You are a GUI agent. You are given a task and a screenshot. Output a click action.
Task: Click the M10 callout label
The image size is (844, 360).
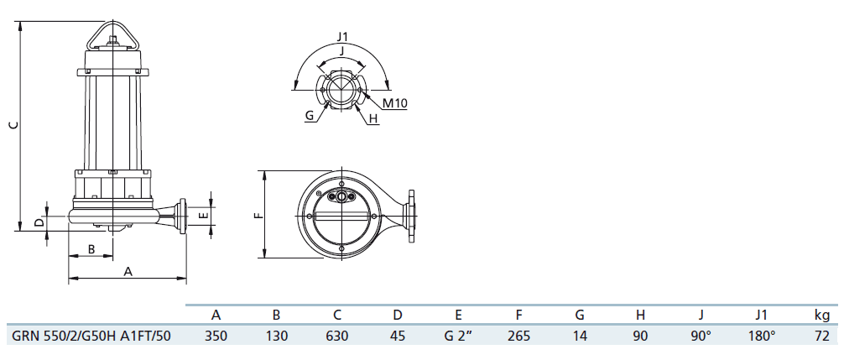[x=394, y=103]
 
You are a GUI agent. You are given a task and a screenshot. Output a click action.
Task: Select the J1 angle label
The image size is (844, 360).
[x=343, y=37]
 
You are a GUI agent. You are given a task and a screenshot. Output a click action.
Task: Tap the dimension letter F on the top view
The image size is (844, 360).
[x=259, y=215]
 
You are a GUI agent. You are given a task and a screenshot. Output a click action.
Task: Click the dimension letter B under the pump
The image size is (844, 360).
[x=91, y=249]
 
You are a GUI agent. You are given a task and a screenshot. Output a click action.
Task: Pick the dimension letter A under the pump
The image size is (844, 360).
[x=128, y=272]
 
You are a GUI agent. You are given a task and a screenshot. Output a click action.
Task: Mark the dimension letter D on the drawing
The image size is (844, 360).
[x=39, y=222]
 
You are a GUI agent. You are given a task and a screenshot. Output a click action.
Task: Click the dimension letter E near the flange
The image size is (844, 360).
[x=202, y=216]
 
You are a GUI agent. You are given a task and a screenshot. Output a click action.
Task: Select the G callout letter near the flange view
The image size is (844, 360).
[x=309, y=115]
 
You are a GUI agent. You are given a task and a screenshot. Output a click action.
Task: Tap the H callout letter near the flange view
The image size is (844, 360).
[x=373, y=119]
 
